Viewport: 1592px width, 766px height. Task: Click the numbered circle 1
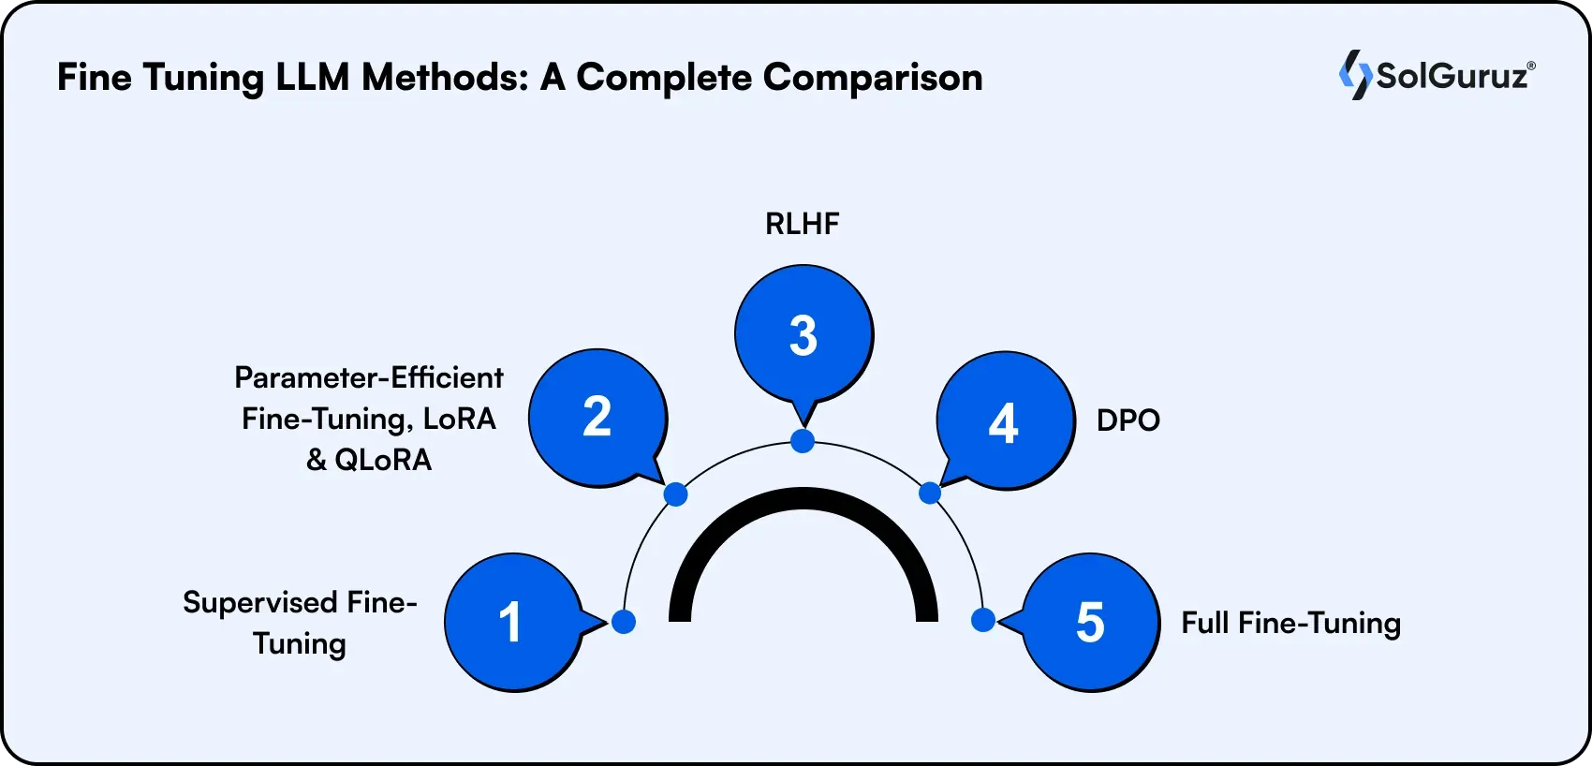click(511, 622)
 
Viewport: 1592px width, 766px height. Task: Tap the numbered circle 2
click(597, 418)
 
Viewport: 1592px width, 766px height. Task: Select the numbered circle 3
click(803, 334)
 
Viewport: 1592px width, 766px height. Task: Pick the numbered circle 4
click(1004, 421)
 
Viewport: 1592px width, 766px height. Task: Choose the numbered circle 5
click(1090, 622)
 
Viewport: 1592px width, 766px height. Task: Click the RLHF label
click(803, 224)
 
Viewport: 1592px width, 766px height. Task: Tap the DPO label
click(1128, 420)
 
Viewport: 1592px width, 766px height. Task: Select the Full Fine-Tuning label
click(1290, 623)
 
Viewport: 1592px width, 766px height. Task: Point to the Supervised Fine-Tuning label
click(300, 623)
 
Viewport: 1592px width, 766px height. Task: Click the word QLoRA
click(383, 460)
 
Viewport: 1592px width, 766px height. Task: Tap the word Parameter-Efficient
click(369, 377)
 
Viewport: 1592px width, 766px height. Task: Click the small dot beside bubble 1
click(624, 621)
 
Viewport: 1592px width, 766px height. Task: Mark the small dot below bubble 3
click(803, 441)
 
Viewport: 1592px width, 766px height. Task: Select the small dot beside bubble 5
click(982, 620)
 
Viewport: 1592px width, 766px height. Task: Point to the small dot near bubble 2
click(675, 494)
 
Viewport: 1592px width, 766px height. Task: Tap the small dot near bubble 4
click(930, 493)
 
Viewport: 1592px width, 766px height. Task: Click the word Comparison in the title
click(873, 77)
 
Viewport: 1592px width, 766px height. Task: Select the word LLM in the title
click(312, 77)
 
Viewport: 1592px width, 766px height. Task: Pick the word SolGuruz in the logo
click(1452, 76)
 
